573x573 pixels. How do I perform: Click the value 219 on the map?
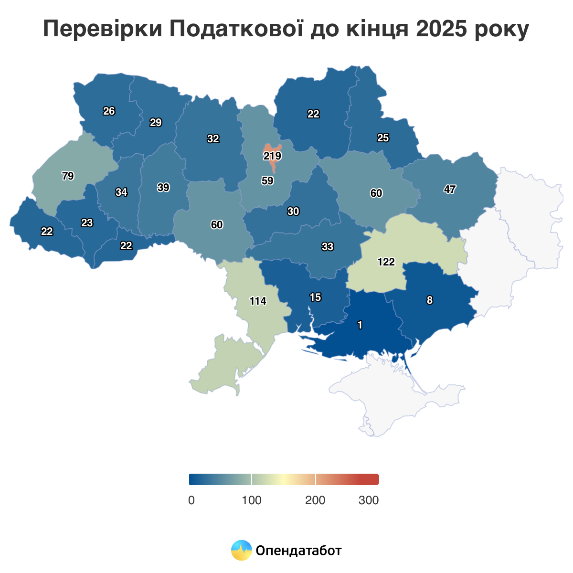[x=272, y=156]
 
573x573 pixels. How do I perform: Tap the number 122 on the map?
[x=386, y=262]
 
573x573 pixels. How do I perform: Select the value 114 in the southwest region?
[x=258, y=301]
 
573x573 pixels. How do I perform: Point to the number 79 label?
[x=68, y=176]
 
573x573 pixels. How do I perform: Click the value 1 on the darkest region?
[x=360, y=325]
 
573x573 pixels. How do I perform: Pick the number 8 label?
[x=430, y=300]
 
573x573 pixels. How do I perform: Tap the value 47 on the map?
[x=449, y=189]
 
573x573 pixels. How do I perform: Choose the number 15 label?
[x=315, y=297]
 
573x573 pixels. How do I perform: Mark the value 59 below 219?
[x=267, y=181]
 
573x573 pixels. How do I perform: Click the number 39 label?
[x=163, y=188]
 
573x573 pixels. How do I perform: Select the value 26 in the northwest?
[x=109, y=111]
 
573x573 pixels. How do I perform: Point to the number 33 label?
[x=328, y=247]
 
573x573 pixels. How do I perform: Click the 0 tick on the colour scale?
[x=191, y=500]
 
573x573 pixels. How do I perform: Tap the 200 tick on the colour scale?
[x=315, y=500]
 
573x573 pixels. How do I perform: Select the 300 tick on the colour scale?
[x=369, y=500]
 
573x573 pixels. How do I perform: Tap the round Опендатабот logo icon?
[x=241, y=551]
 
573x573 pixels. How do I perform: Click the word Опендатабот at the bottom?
[x=299, y=551]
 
